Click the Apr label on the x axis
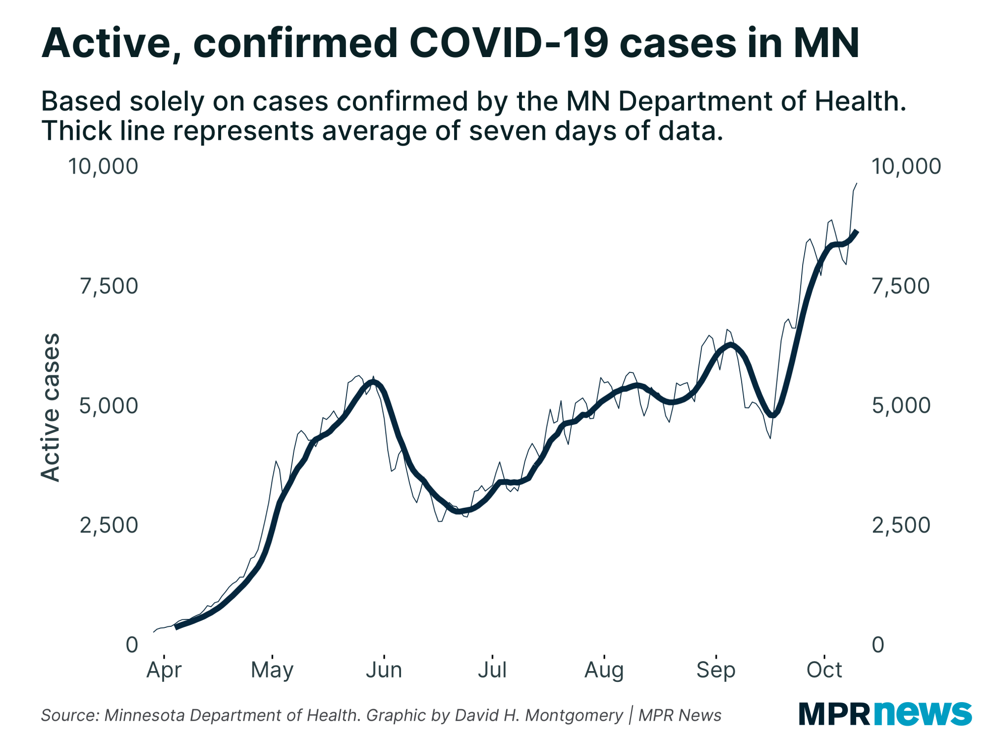(x=164, y=670)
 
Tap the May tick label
(x=272, y=670)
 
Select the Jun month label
(x=384, y=670)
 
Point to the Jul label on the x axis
(x=492, y=670)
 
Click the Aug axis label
(x=604, y=670)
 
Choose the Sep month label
(x=716, y=670)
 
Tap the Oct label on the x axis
(x=824, y=670)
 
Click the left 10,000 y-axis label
(x=103, y=166)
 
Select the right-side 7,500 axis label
(x=900, y=286)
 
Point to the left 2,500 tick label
(x=109, y=525)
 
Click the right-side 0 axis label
(x=878, y=645)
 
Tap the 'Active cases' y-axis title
(x=50, y=407)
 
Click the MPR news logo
(x=885, y=713)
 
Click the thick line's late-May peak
(x=374, y=382)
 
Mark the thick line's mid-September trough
(x=773, y=415)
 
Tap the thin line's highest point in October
(x=856, y=184)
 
